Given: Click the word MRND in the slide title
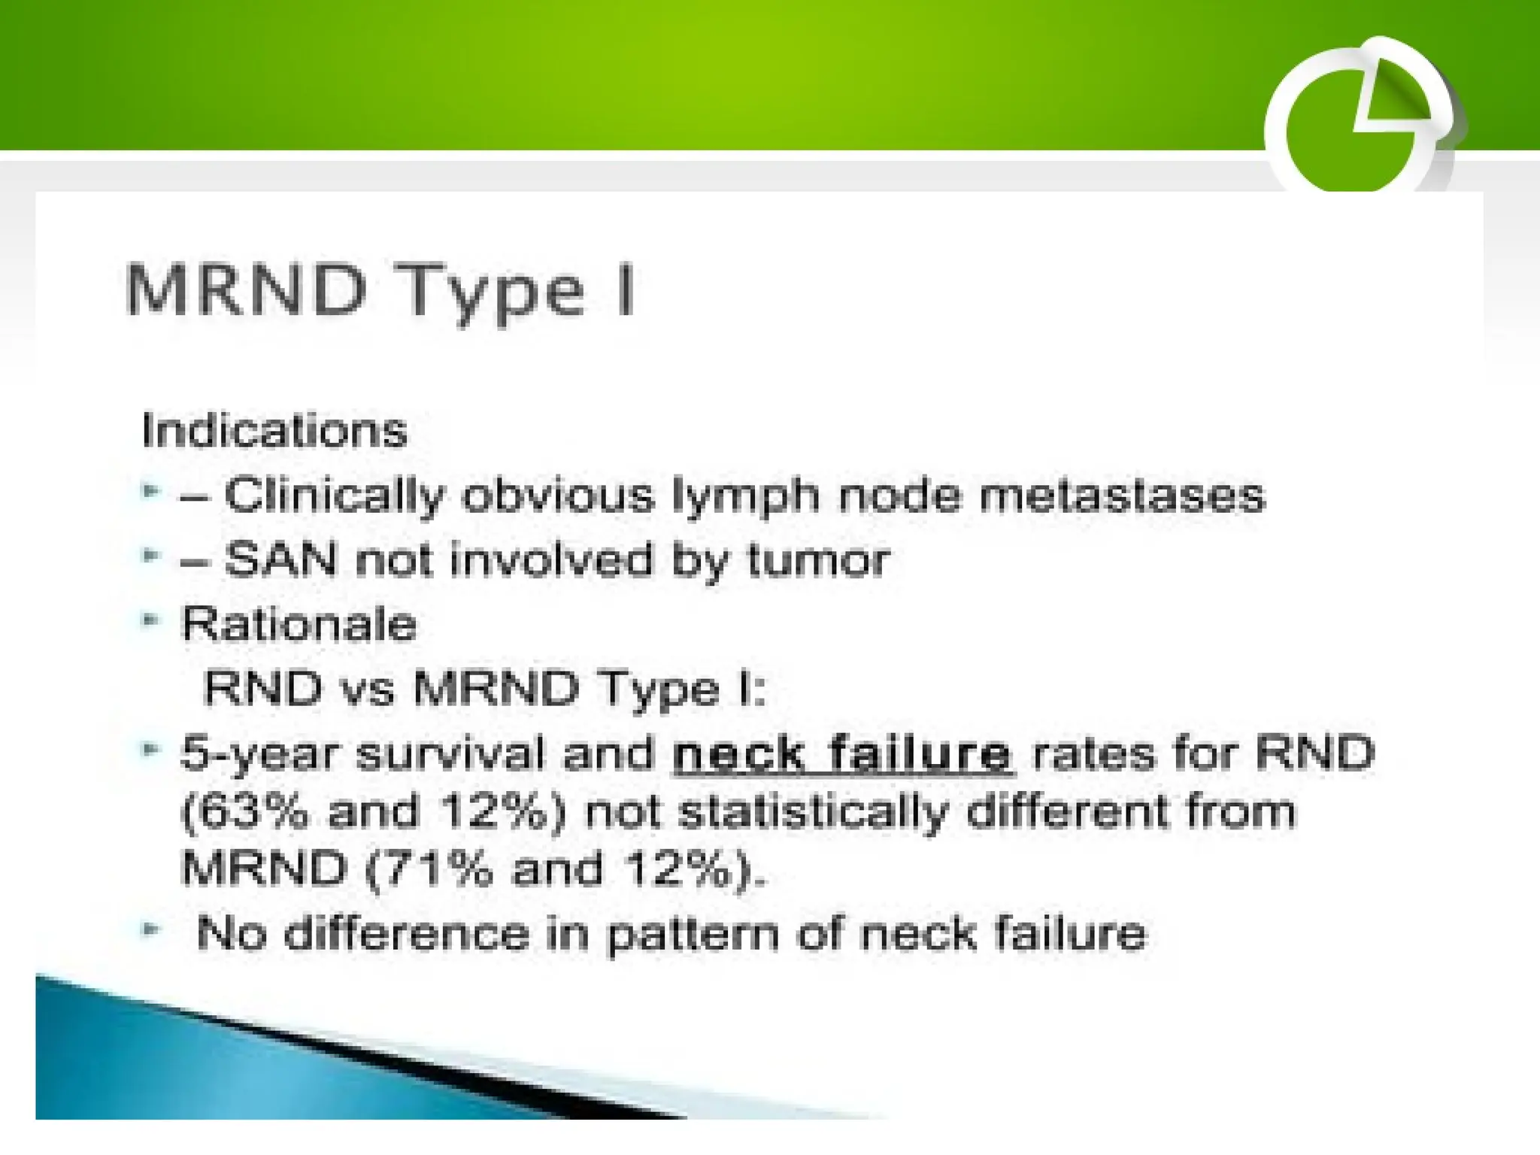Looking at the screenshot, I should [x=246, y=290].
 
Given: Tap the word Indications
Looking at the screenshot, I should [x=274, y=431].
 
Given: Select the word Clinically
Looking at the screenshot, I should [x=335, y=496].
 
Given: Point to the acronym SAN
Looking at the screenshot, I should [x=280, y=560].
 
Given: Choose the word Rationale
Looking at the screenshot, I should [x=299, y=624].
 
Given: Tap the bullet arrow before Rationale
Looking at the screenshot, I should [x=150, y=620].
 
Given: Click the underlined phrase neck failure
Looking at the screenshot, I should [x=842, y=754].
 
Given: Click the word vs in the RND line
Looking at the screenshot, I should [x=367, y=689].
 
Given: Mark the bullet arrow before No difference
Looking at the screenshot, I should [x=150, y=929].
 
